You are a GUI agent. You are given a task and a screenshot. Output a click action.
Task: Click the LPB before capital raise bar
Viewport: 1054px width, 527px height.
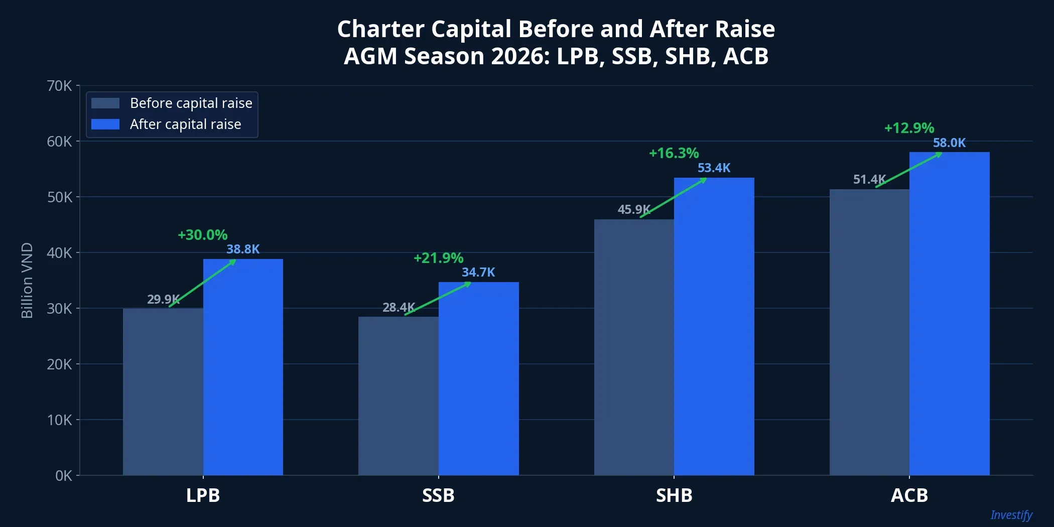pos(163,391)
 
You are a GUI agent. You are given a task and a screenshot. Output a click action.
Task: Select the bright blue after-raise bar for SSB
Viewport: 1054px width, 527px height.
pos(478,379)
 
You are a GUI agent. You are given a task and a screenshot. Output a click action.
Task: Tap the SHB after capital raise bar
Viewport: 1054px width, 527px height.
pos(714,326)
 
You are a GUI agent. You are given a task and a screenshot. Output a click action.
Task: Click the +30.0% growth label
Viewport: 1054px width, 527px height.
pos(202,235)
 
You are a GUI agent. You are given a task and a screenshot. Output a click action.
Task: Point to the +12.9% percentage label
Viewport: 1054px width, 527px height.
pos(909,128)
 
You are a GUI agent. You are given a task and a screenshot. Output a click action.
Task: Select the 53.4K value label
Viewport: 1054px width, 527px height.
pos(714,168)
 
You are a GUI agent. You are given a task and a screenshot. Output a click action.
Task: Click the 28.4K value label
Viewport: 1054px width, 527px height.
pos(399,307)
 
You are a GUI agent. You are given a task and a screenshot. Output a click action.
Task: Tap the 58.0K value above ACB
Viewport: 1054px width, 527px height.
pos(949,143)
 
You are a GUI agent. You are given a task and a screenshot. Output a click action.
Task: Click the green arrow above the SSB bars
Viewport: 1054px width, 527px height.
pos(438,299)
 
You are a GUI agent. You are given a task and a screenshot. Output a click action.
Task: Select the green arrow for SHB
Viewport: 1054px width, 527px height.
pos(673,198)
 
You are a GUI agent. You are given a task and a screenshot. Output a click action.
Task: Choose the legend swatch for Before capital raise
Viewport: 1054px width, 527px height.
pos(105,103)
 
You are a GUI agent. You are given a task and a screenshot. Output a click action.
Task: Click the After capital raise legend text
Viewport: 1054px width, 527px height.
pos(185,124)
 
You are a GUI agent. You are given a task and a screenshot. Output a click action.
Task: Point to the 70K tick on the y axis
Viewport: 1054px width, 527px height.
pos(59,86)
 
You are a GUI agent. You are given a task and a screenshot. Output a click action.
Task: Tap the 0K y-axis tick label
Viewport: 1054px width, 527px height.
pos(63,476)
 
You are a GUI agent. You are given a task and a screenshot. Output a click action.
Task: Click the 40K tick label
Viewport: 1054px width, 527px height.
pos(59,253)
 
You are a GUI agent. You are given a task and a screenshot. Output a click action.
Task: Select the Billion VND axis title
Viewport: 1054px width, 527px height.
pos(27,280)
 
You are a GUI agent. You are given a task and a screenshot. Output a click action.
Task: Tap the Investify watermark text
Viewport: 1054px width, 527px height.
pos(1011,515)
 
